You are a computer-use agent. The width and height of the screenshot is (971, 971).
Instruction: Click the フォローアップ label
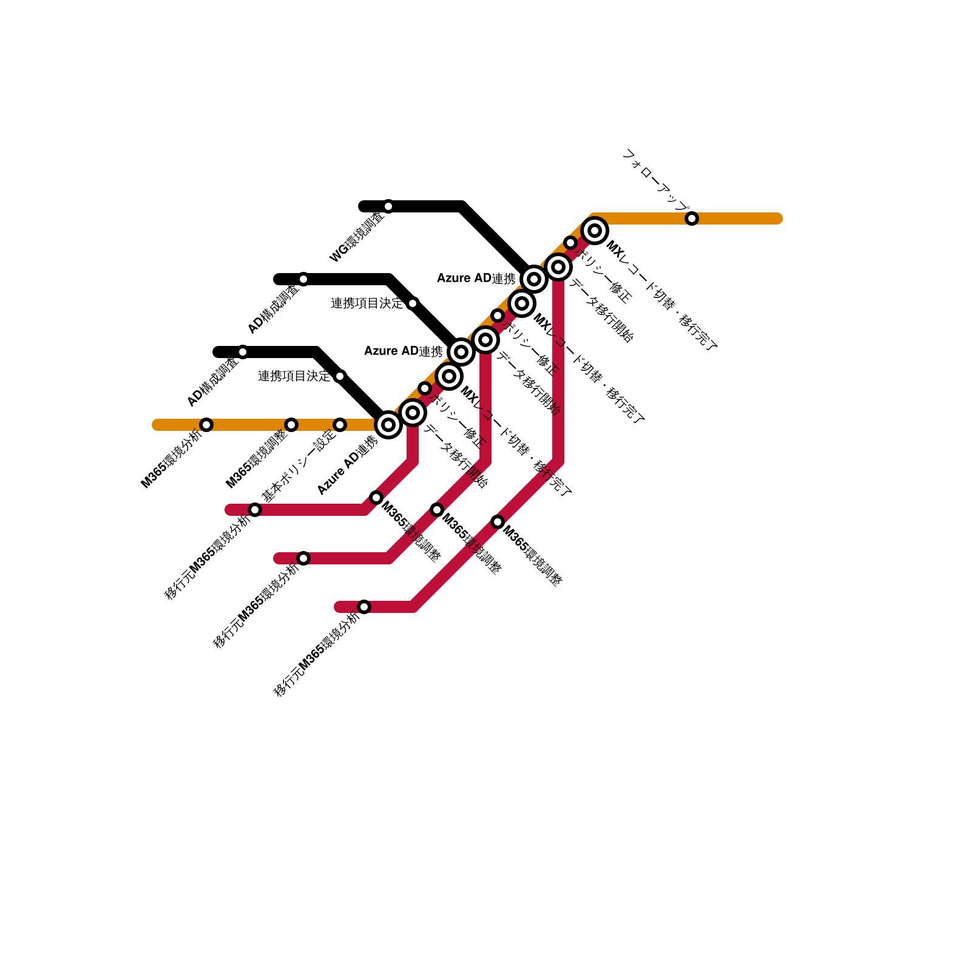[x=655, y=180]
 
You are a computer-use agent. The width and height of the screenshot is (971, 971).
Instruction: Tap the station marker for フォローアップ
[x=692, y=218]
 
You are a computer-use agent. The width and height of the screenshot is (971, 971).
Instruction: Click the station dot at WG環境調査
[x=388, y=206]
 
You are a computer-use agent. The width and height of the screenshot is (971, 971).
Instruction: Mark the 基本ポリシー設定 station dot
[x=340, y=425]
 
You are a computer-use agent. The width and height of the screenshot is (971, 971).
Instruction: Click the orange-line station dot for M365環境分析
[x=206, y=425]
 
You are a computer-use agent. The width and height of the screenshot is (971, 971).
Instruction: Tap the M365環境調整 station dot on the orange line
[x=291, y=425]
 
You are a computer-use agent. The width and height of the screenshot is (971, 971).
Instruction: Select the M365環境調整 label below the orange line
[x=255, y=459]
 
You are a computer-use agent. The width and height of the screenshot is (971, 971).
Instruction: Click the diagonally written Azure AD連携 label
[x=347, y=465]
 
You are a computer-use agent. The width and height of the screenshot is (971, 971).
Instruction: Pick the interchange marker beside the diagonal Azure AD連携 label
[x=388, y=425]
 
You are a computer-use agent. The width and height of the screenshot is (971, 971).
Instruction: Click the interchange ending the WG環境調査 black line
[x=534, y=279]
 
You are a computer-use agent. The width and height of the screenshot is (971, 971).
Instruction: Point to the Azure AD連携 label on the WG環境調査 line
[x=476, y=279]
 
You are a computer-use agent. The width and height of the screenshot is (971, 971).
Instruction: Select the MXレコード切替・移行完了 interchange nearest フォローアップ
[x=595, y=231]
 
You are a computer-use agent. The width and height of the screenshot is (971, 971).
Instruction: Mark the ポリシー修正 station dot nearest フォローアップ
[x=570, y=243]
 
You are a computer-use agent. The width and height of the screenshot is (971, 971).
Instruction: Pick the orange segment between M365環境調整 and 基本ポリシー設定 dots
[x=316, y=425]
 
